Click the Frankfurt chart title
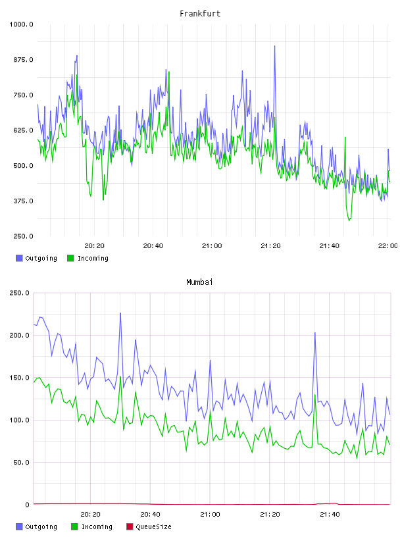[x=200, y=14]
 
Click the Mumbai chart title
[x=199, y=282]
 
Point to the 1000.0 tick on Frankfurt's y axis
[x=21, y=24]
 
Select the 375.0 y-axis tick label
[x=23, y=201]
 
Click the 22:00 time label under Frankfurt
[x=387, y=246]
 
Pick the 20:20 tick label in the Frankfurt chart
[x=95, y=246]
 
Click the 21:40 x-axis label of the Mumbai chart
[x=330, y=515]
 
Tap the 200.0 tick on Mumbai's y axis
[x=19, y=335]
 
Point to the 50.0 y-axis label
[x=21, y=463]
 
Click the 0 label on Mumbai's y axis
[x=28, y=505]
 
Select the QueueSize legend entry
[x=149, y=526]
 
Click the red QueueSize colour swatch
[x=130, y=526]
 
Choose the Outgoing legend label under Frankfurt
[x=41, y=258]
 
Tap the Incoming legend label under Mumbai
[x=97, y=526]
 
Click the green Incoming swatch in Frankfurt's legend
[x=70, y=258]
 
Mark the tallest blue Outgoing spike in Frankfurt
[x=274, y=46]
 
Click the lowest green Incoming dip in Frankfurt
[x=349, y=220]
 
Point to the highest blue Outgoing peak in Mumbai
[x=120, y=313]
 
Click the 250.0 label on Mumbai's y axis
[x=19, y=293]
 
